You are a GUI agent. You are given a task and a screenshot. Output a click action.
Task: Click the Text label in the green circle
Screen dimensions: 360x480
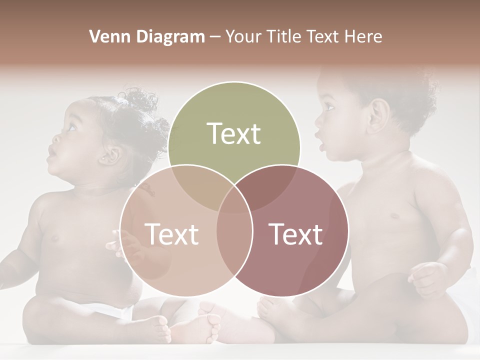pos(234,133)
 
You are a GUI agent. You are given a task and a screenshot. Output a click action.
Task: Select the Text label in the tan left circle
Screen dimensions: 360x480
pos(171,234)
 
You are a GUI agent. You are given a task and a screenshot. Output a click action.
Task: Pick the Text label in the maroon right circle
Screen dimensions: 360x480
pos(296,234)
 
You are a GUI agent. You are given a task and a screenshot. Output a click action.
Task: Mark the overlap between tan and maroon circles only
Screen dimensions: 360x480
pos(234,245)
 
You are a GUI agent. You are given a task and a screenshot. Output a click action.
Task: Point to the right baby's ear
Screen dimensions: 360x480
pos(378,115)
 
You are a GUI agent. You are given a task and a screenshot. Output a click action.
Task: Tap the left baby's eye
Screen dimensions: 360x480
pos(70,127)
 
